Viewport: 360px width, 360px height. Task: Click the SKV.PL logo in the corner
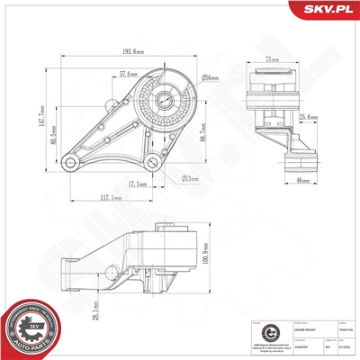(x=327, y=11)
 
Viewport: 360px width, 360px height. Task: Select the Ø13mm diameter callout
(x=192, y=178)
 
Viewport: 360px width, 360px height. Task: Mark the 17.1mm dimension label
(x=138, y=184)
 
